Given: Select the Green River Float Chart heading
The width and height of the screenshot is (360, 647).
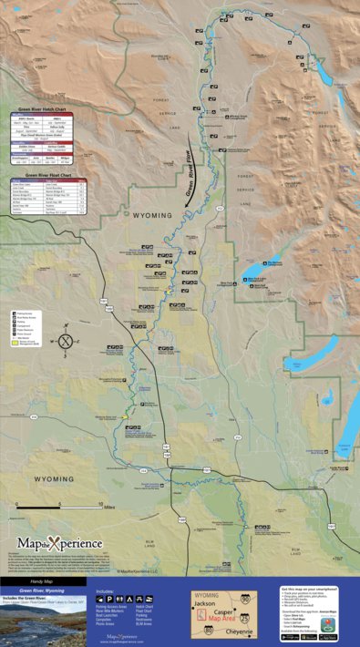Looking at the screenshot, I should tap(48, 174).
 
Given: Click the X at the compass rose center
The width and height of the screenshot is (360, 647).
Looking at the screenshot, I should tap(65, 342).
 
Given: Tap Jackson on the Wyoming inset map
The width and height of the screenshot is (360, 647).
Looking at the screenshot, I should tap(208, 603).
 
